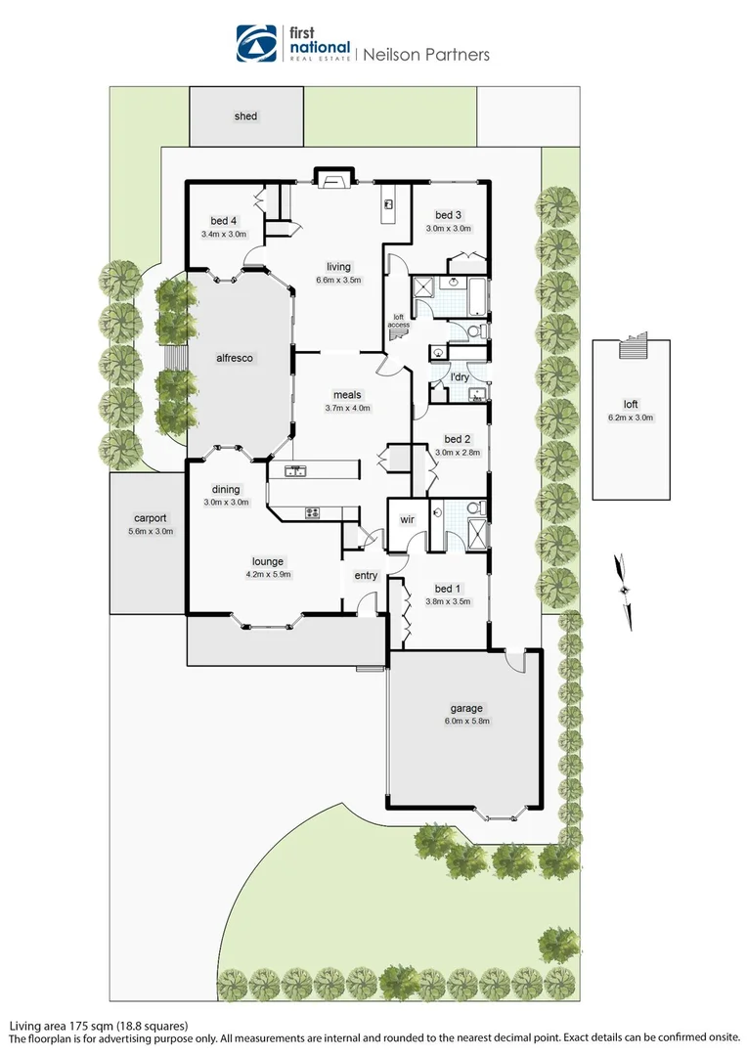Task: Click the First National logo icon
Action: coord(257,43)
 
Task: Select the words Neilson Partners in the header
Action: coord(426,55)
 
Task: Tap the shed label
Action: coord(245,116)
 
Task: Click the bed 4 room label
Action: coord(224,220)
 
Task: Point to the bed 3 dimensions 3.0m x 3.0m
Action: coord(448,229)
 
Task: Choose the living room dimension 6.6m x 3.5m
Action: coord(338,280)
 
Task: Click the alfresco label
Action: coord(235,359)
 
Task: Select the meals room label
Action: coord(346,395)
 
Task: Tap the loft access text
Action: coord(399,320)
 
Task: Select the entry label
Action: coord(366,576)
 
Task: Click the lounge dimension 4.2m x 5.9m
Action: coord(267,575)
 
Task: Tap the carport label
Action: coord(152,518)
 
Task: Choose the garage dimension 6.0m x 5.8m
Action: coord(465,722)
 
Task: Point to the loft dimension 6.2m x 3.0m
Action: coord(631,418)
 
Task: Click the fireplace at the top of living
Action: coord(329,179)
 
